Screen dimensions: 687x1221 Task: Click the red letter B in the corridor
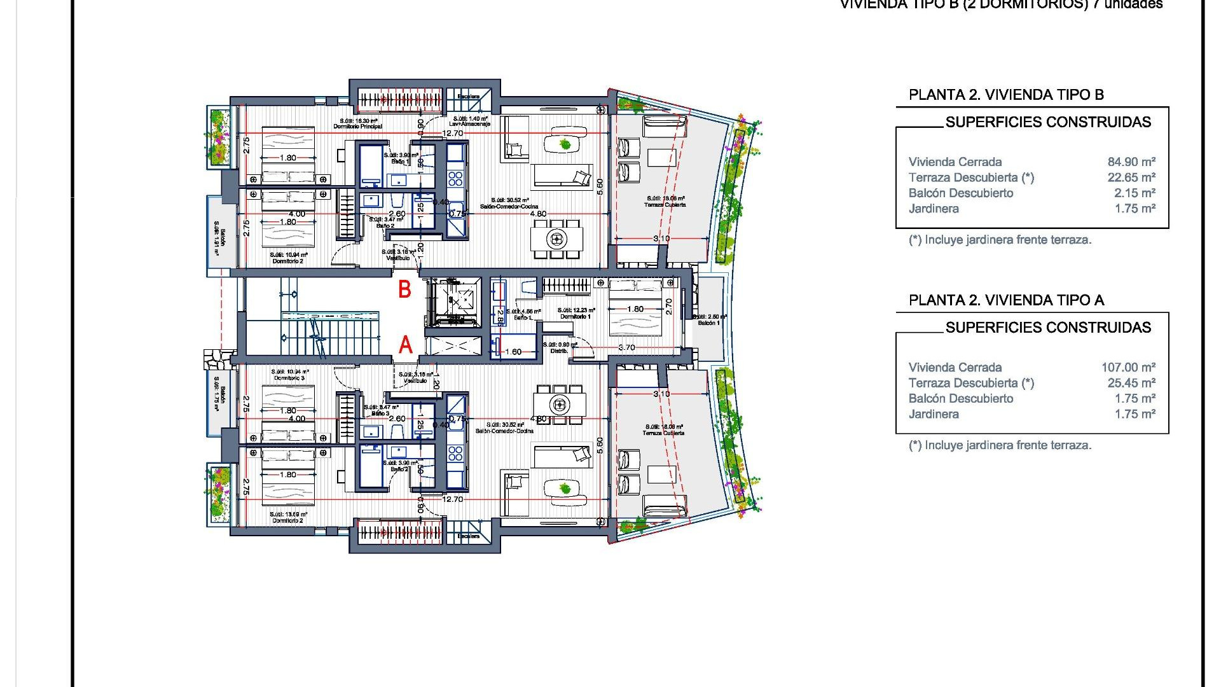404,290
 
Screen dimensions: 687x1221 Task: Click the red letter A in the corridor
405,345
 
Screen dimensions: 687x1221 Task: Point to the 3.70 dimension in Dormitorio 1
626,347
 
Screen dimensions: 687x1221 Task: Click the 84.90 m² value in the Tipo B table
1131,162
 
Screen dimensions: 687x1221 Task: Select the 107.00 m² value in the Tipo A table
1128,368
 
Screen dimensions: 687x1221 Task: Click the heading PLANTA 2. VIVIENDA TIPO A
1006,300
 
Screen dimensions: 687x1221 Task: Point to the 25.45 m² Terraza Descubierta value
1131,383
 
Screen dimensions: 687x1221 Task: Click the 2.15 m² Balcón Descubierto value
1134,193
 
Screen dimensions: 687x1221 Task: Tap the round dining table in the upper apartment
556,239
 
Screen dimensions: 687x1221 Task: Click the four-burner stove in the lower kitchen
455,454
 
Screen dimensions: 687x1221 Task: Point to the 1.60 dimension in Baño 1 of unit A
513,352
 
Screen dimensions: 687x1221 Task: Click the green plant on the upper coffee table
565,144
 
